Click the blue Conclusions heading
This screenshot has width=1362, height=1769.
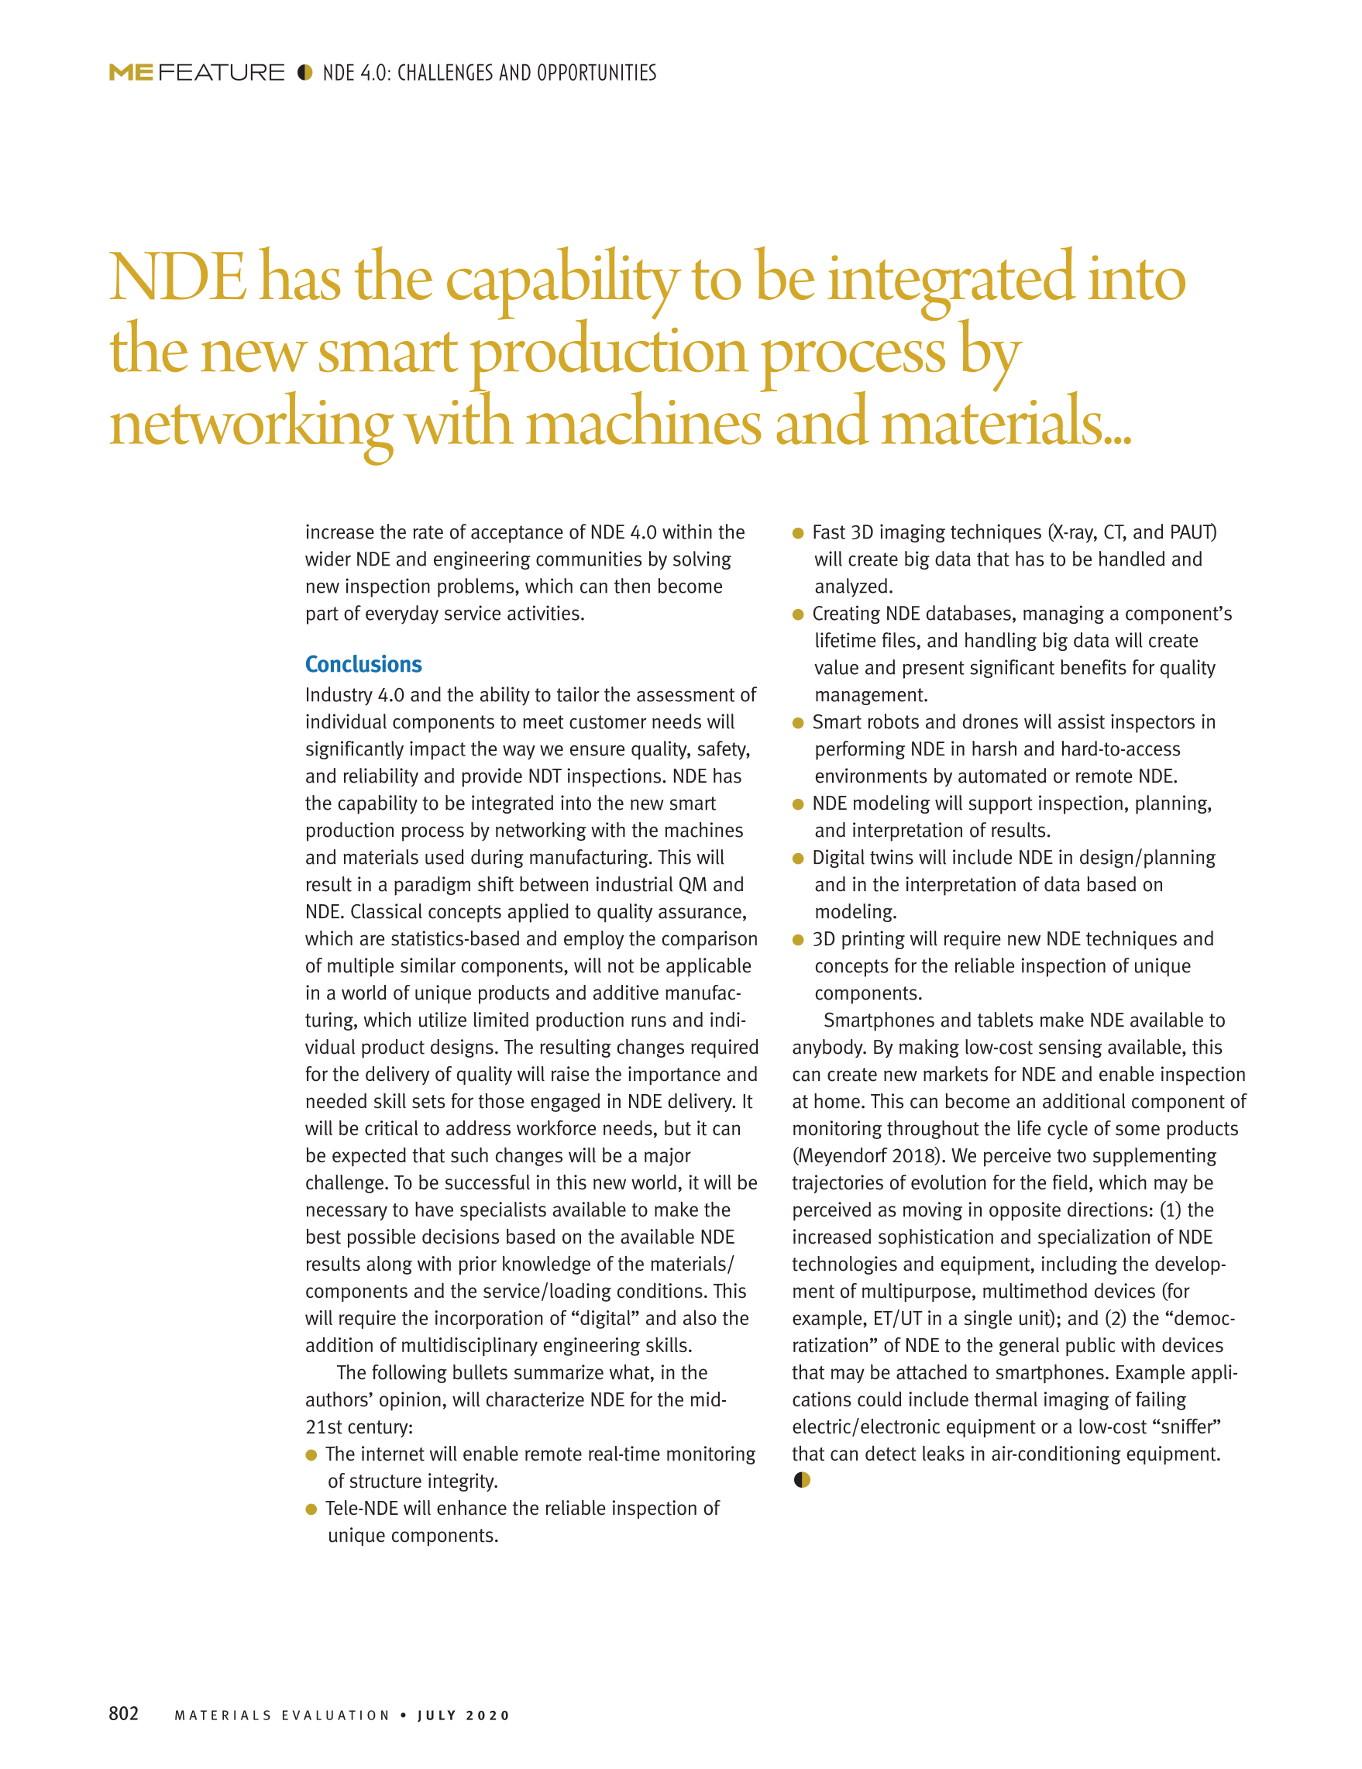(363, 664)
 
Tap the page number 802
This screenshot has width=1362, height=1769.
(124, 1713)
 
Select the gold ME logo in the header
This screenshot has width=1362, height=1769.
(131, 73)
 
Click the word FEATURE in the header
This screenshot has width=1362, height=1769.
(221, 73)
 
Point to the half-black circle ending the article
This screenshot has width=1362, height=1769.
(802, 1480)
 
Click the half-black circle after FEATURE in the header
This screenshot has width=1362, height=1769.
(304, 72)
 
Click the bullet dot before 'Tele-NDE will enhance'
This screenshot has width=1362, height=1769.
(311, 1509)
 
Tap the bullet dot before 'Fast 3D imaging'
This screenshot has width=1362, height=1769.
(798, 533)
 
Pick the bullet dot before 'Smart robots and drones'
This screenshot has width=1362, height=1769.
(798, 722)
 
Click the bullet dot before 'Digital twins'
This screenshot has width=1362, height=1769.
(798, 859)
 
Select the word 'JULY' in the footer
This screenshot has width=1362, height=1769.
(436, 1716)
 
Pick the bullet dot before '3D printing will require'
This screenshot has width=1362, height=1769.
(798, 940)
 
